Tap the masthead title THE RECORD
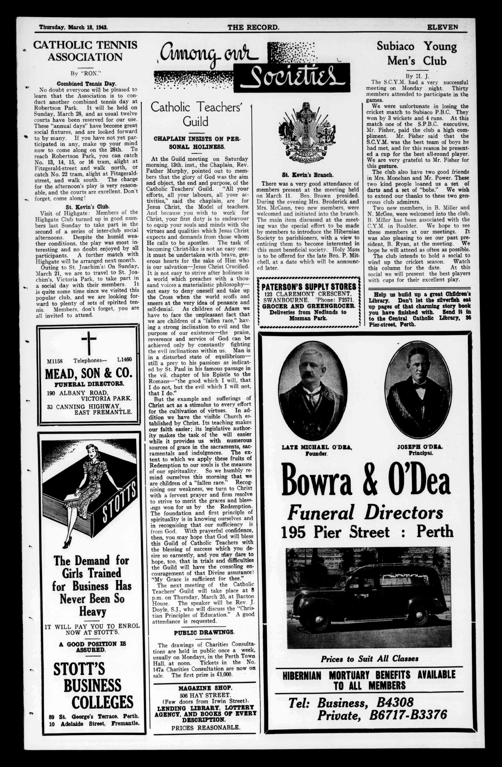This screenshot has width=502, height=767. [x=253, y=27]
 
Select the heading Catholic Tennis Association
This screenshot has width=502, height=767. [x=85, y=51]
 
